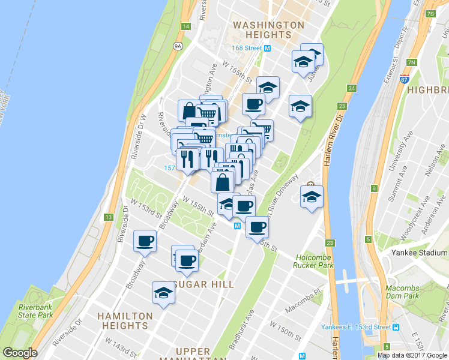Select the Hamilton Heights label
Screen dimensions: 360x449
[x=125, y=320]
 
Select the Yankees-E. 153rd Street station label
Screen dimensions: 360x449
[x=364, y=327]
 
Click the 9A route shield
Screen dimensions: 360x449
[x=178, y=45]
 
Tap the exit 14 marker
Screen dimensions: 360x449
[x=186, y=26]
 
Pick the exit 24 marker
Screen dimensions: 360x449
[x=351, y=88]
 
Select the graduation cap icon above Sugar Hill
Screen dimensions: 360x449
[x=163, y=293]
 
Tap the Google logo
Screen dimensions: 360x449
[x=20, y=353]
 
